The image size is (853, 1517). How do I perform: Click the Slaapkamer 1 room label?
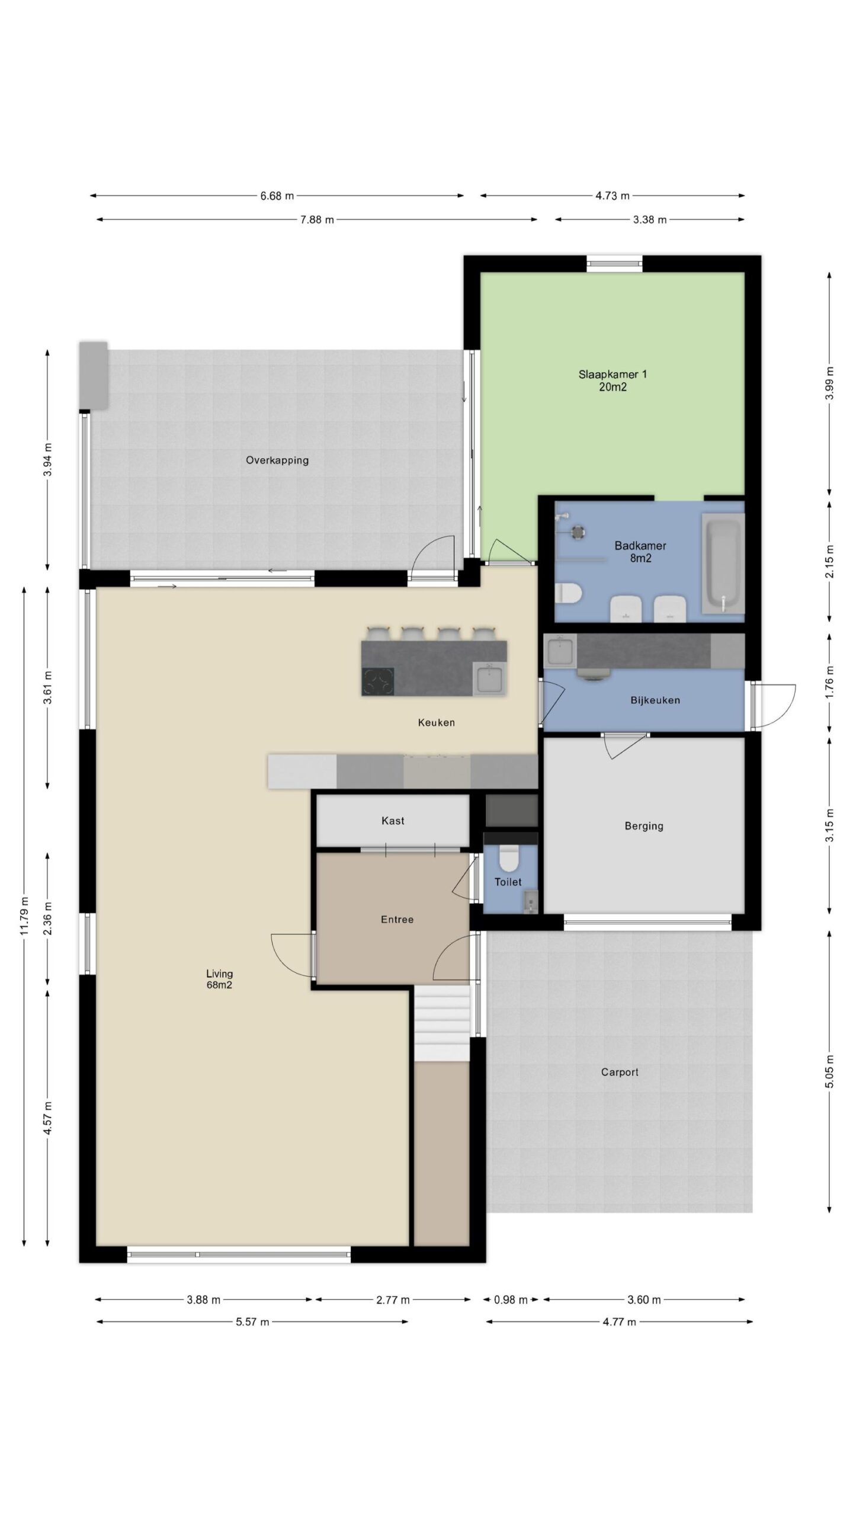tap(613, 380)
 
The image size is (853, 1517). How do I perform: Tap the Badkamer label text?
tap(640, 546)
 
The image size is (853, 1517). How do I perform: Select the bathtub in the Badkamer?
tap(722, 563)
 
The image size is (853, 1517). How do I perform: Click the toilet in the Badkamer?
tap(570, 593)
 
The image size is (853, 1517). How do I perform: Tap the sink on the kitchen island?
tap(490, 679)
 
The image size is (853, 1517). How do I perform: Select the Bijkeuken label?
tap(655, 700)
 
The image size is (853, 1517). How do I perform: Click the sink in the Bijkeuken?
tap(560, 650)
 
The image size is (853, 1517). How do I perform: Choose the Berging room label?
tap(644, 825)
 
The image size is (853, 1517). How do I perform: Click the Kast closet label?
tap(393, 821)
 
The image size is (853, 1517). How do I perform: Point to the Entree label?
tap(397, 920)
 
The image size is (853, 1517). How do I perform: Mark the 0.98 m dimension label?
tap(511, 1300)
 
